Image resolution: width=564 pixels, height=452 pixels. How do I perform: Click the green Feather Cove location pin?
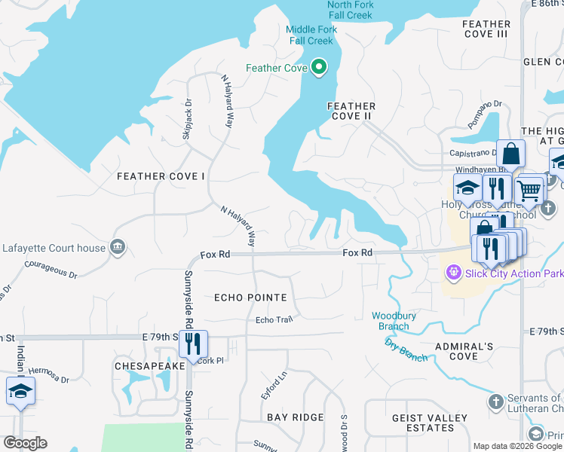(319, 68)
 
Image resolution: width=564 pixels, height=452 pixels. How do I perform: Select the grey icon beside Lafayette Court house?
(117, 246)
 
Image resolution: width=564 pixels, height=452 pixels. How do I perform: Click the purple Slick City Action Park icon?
(453, 273)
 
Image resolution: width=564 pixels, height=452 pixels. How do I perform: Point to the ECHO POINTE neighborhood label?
(250, 298)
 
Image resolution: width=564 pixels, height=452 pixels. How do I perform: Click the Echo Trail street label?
(273, 320)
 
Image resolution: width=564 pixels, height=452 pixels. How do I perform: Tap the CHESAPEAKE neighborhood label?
(149, 365)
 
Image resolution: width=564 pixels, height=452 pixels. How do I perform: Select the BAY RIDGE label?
(295, 417)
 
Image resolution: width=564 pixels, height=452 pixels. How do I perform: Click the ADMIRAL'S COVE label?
(464, 351)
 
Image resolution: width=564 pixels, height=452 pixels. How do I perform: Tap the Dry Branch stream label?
(406, 350)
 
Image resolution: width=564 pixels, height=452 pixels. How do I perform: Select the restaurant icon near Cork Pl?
(193, 344)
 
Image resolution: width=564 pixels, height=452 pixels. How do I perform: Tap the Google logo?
(25, 443)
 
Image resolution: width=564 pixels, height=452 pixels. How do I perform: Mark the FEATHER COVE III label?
(486, 29)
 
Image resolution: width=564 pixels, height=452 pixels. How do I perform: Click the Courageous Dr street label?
(51, 270)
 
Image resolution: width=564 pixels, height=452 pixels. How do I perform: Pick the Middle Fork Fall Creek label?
(311, 35)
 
